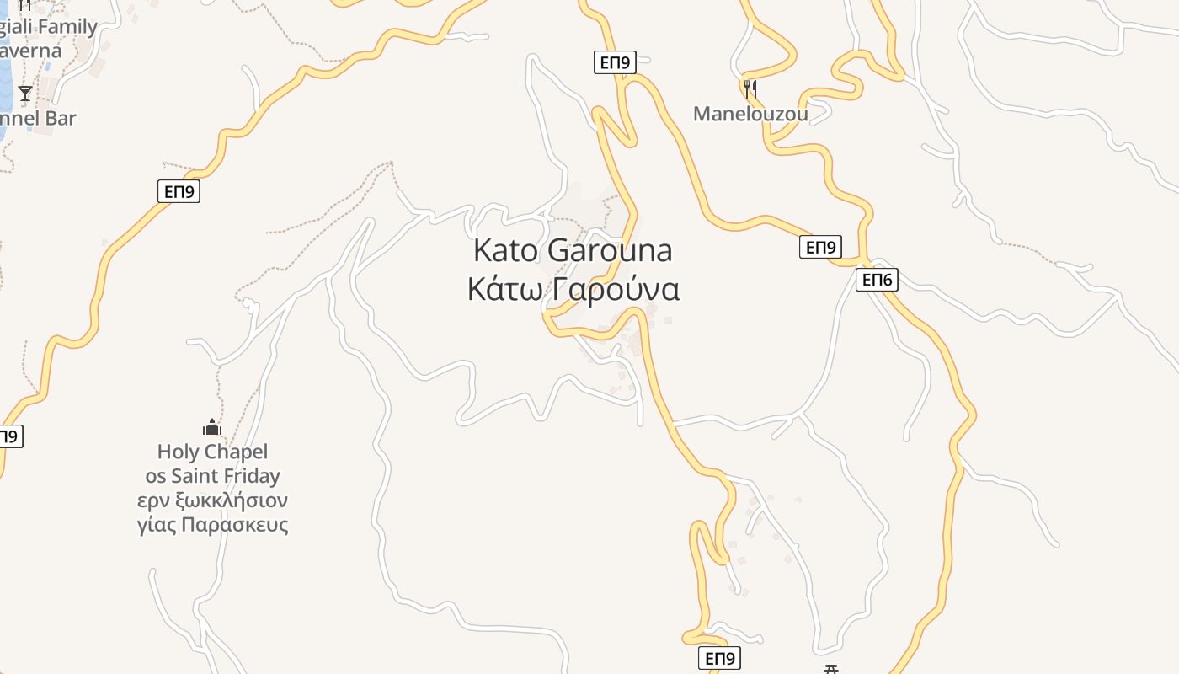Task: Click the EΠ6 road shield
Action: point(877,280)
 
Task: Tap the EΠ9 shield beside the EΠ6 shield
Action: point(820,247)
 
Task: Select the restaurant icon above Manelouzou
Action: point(750,88)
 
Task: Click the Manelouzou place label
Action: point(750,114)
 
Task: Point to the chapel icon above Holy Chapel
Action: point(212,428)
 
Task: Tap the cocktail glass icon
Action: point(25,93)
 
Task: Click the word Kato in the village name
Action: point(506,250)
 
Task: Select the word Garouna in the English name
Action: point(610,250)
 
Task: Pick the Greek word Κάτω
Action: point(504,289)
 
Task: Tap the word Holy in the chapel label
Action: point(177,452)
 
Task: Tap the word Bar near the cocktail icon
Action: point(61,118)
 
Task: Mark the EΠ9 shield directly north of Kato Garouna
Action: point(614,62)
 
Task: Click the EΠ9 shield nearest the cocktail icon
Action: point(179,191)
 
